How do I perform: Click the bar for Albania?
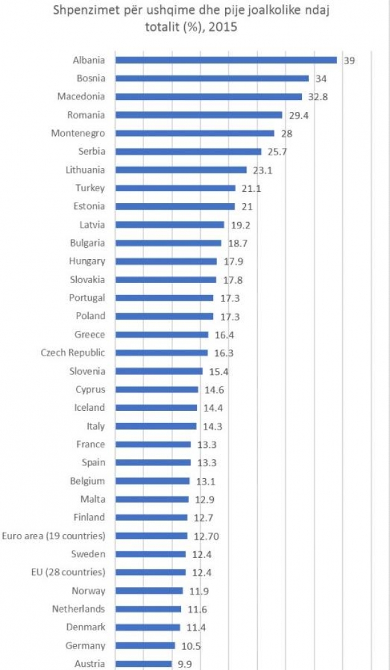coord(226,60)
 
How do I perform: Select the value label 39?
coord(349,61)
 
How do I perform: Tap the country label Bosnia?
coord(91,79)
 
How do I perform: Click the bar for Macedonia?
coord(209,97)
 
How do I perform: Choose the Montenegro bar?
coord(195,133)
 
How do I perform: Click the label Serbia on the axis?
coord(92,152)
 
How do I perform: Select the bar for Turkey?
coord(175,188)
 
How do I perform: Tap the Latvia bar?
coord(170,225)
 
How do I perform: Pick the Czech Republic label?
coord(73,353)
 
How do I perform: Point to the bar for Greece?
coord(162,335)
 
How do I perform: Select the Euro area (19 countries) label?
coord(53,536)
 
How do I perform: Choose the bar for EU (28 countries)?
coord(150,572)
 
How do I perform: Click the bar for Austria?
coord(143,664)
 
